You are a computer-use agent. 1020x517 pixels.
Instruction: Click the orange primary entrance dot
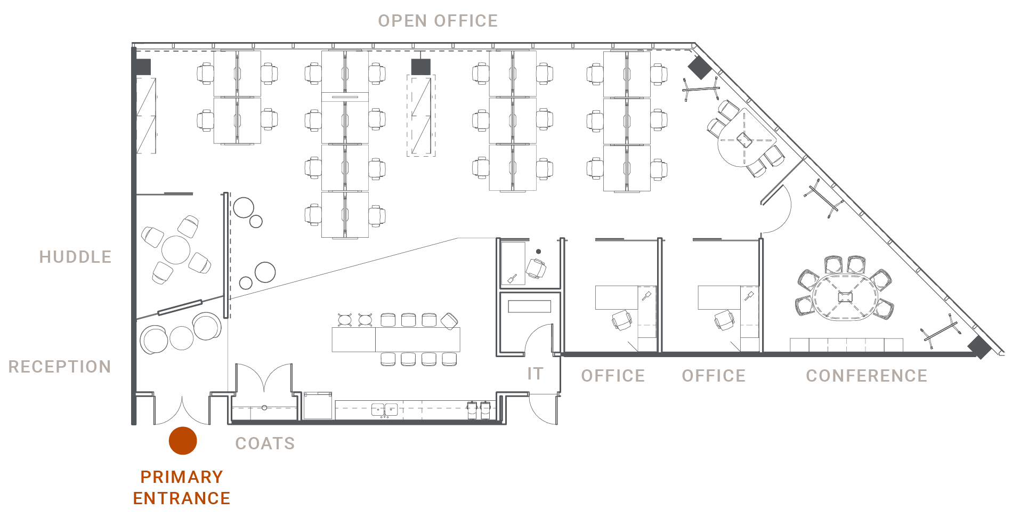(x=183, y=441)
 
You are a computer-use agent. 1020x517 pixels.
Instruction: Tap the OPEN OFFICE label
(x=438, y=21)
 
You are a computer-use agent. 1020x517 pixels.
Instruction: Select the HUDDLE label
(x=75, y=257)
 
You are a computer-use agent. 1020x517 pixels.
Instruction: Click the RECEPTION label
(x=60, y=367)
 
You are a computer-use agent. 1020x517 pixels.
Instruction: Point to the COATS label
(x=265, y=443)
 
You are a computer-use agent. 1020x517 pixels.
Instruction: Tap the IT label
(x=535, y=374)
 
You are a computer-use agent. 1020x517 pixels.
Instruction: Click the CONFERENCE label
(x=866, y=376)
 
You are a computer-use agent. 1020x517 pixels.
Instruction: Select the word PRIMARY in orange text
(x=181, y=476)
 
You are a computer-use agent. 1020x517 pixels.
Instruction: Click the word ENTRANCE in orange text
(x=181, y=498)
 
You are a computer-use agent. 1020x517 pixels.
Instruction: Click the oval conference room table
(x=845, y=297)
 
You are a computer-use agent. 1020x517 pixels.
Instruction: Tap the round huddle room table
(x=176, y=249)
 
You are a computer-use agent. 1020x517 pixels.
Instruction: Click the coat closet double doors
(x=264, y=379)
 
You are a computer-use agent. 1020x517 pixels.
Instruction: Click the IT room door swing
(x=538, y=341)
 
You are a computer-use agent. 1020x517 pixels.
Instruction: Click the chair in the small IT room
(x=536, y=268)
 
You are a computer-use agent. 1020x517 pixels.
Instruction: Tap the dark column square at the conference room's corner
(x=979, y=347)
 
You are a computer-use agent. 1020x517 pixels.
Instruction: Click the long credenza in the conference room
(x=846, y=345)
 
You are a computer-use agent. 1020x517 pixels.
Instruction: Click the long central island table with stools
(x=395, y=340)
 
